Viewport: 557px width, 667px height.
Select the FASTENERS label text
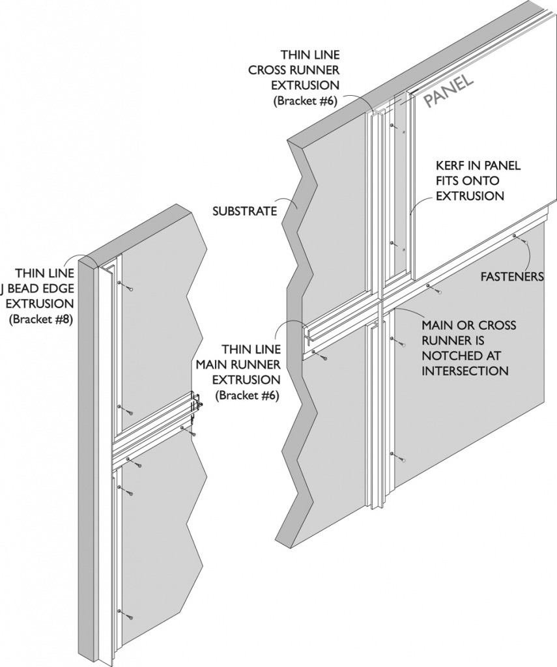pos(511,276)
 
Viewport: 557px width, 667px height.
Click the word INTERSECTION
pos(464,371)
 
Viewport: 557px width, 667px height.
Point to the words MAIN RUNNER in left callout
pos(238,363)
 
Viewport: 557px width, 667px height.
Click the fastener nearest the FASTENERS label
pos(525,242)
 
